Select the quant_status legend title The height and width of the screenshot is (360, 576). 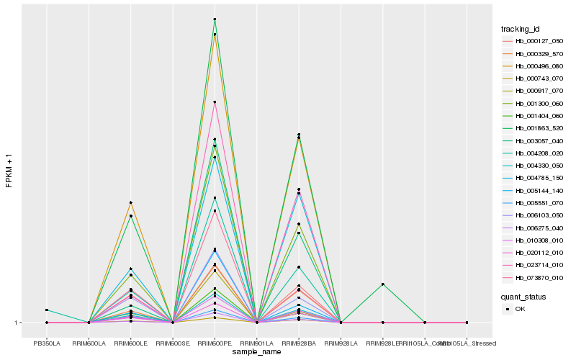523,296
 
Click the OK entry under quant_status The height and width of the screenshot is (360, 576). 520,309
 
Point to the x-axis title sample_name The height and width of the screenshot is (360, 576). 256,352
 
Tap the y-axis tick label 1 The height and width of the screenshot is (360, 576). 18,323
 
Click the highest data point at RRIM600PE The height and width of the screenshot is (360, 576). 215,19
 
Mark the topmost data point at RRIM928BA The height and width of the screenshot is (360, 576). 298,135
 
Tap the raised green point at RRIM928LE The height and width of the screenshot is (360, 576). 382,284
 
